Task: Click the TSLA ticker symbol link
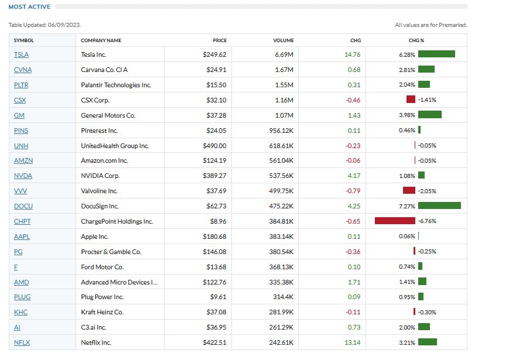click(21, 54)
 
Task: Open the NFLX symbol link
click(21, 342)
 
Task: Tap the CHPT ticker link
click(22, 221)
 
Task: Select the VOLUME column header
click(283, 40)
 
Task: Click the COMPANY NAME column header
click(101, 40)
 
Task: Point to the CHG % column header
click(416, 40)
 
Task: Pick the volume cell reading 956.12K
click(281, 131)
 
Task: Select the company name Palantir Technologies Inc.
click(116, 85)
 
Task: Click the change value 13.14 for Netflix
click(352, 342)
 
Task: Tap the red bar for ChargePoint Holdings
click(395, 221)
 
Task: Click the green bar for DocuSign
click(439, 205)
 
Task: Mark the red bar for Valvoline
click(409, 191)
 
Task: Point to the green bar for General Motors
click(430, 115)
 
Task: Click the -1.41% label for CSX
click(426, 100)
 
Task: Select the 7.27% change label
click(407, 206)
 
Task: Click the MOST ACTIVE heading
click(29, 7)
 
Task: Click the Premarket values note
click(431, 25)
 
